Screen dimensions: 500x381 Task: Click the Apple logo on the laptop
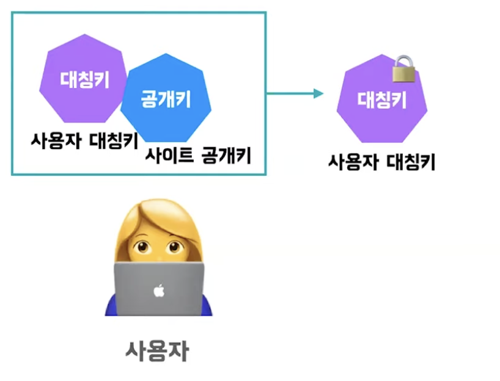159,291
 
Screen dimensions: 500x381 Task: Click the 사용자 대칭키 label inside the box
84,140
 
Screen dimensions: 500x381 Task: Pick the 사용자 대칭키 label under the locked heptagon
381,162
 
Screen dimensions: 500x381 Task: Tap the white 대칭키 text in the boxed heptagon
84,79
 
